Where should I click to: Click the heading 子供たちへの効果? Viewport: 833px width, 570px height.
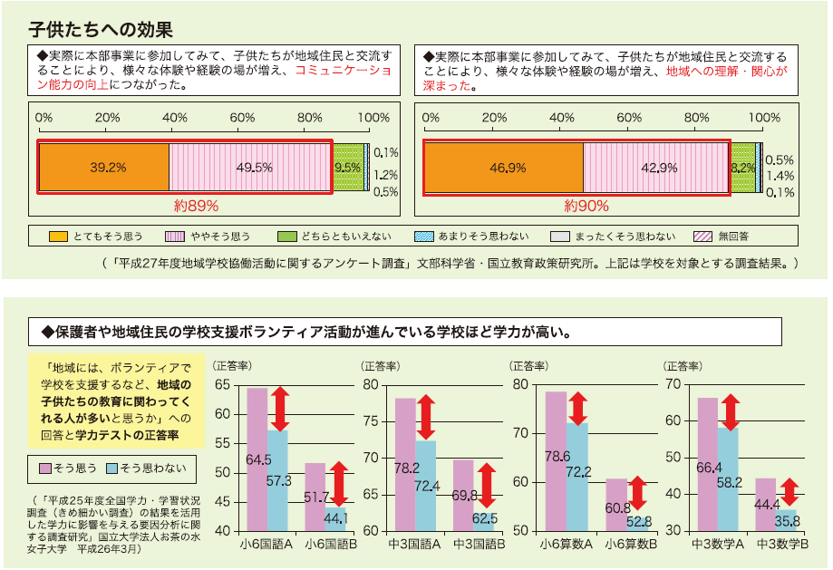point(100,26)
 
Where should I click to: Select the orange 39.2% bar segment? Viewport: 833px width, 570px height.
point(103,168)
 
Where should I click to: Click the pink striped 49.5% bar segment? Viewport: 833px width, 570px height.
point(250,168)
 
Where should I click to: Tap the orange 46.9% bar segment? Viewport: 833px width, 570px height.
point(504,168)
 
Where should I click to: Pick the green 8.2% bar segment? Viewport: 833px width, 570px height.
point(742,168)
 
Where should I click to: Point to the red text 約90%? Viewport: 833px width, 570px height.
point(586,206)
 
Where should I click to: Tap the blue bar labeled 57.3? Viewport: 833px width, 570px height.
point(277,480)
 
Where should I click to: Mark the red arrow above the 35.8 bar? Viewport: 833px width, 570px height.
point(788,492)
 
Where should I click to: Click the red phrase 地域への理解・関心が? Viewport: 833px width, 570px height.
point(726,71)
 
